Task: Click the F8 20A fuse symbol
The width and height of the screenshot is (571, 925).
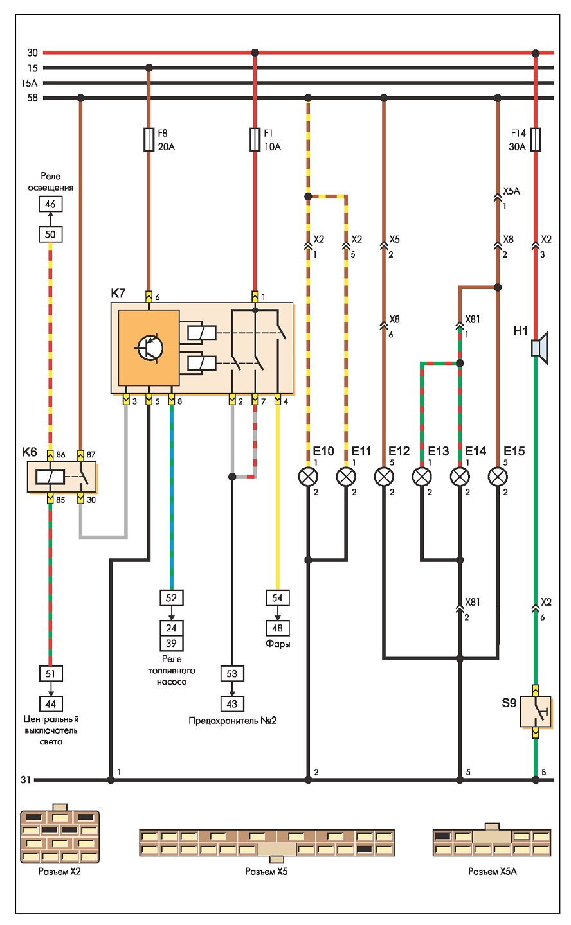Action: [x=149, y=140]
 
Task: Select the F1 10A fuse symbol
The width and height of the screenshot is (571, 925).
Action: [x=255, y=140]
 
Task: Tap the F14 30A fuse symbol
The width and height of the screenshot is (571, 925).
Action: [x=536, y=140]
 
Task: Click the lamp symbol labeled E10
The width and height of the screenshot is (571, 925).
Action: [x=308, y=477]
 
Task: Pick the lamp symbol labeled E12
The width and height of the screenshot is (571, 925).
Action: [x=384, y=477]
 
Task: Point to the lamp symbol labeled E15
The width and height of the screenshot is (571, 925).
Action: [x=498, y=477]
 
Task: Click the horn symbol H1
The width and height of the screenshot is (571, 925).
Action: [x=539, y=348]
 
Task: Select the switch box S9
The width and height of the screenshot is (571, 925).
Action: [x=536, y=712]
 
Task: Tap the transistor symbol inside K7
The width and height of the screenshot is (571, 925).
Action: [x=149, y=348]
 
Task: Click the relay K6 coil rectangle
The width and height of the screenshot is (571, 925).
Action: [x=50, y=477]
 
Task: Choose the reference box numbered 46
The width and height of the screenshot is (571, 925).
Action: [x=50, y=204]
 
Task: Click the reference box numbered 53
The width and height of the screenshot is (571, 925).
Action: [x=232, y=673]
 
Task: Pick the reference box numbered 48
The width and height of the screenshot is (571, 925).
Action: [x=277, y=628]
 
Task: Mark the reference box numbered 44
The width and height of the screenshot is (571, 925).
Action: [x=50, y=703]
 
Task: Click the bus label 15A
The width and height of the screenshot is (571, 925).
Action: [x=30, y=83]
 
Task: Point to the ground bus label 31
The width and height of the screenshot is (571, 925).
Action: [x=26, y=780]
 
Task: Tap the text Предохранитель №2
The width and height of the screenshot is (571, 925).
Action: [x=232, y=721]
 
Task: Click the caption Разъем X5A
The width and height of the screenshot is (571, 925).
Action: [x=493, y=871]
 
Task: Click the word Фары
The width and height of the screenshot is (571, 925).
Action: [x=278, y=644]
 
